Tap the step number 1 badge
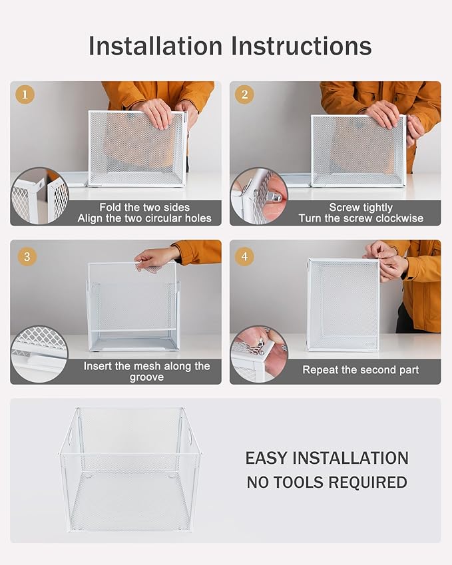point(25,94)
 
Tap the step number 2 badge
point(244,94)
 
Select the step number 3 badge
point(25,256)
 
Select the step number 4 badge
point(244,256)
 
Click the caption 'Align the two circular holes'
point(144,218)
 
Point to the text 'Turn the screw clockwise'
point(361,218)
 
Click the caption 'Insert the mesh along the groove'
point(146,371)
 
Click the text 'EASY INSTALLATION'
point(327,458)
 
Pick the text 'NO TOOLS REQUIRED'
point(327,482)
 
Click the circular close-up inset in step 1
point(39,196)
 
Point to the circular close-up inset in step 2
point(259,196)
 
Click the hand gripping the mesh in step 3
point(154,259)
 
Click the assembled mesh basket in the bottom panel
point(130,469)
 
